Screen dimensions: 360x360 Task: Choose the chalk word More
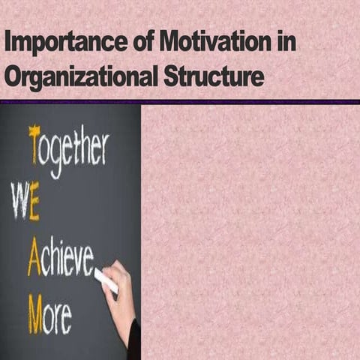click(x=50, y=313)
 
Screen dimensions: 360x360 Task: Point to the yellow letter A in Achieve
click(x=34, y=259)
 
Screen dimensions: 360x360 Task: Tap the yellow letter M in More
click(x=35, y=313)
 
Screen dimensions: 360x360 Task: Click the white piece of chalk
click(x=105, y=280)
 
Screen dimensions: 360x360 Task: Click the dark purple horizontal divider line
click(x=180, y=101)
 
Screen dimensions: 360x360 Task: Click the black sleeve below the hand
click(x=134, y=341)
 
